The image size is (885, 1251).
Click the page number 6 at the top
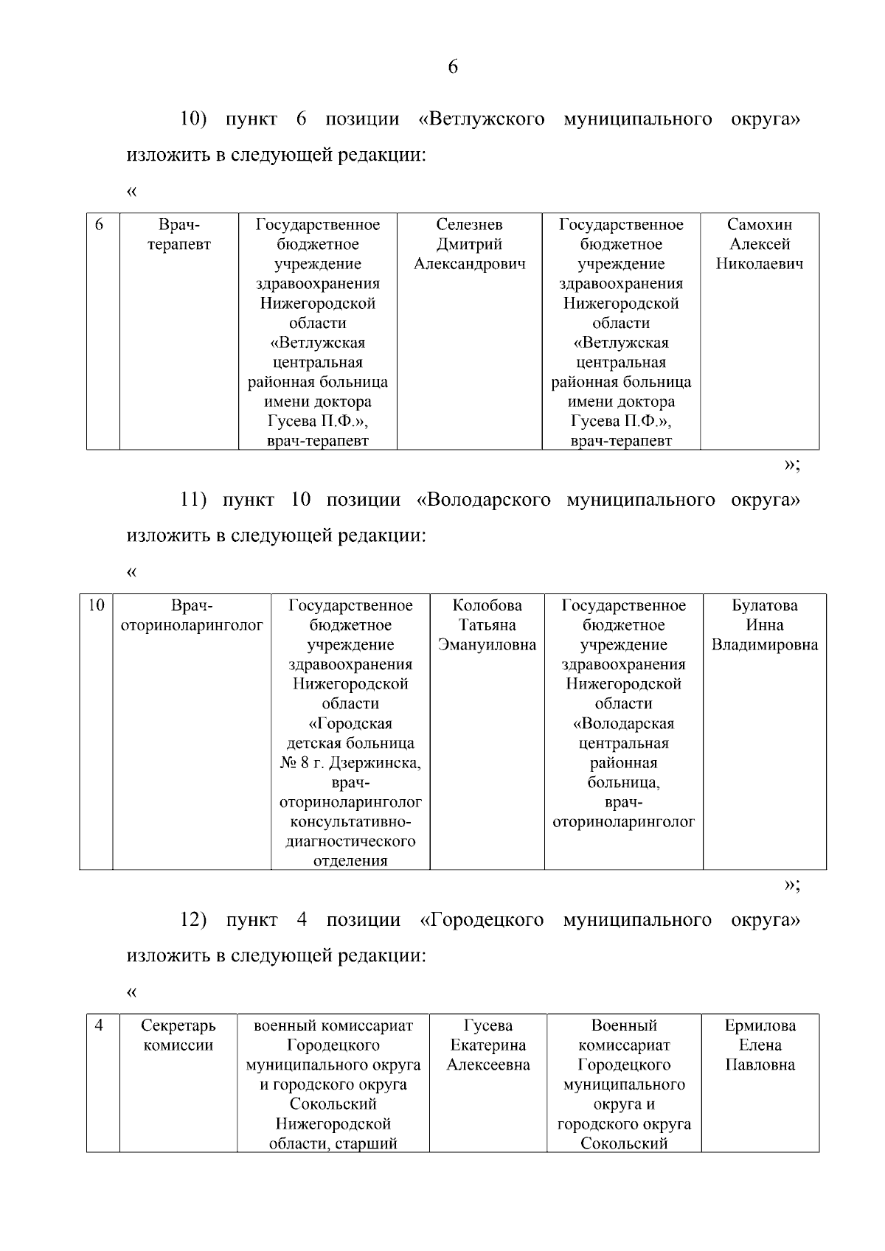[453, 67]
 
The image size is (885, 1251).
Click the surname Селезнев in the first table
[469, 225]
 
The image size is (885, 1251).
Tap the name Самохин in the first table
[759, 225]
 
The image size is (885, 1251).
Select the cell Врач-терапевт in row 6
[178, 234]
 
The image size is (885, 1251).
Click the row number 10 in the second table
[96, 606]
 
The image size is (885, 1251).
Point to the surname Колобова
[487, 606]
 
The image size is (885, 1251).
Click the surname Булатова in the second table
[764, 606]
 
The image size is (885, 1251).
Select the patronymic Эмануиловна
[487, 645]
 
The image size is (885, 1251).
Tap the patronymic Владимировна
[764, 645]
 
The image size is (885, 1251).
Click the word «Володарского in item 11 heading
[483, 500]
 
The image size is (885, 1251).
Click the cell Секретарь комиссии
[178, 1035]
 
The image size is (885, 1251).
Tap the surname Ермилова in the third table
[760, 1025]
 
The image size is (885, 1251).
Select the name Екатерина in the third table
[487, 1045]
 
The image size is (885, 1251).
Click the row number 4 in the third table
[100, 1025]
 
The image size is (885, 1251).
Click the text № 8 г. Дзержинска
[350, 763]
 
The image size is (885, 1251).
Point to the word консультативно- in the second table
[350, 822]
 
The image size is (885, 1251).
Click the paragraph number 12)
[193, 920]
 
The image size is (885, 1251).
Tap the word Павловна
[760, 1065]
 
